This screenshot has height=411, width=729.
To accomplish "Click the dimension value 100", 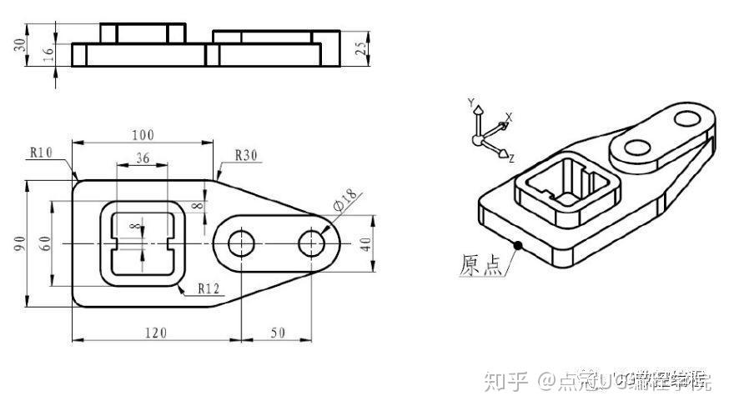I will pos(143,134).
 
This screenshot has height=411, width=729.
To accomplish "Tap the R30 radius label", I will pos(247,155).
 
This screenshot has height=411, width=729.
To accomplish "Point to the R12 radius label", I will pos(209,288).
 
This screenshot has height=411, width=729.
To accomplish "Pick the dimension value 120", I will pos(155,333).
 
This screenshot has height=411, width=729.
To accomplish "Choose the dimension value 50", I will pos(277,333).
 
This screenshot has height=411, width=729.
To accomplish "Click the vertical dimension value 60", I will pos(47,243).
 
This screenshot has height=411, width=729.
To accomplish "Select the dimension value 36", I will pos(142,158).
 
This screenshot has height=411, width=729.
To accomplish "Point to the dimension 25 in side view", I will pos(359,48).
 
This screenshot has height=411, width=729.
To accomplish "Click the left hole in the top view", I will pos(242,243).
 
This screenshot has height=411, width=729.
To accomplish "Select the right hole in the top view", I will pos(312,243).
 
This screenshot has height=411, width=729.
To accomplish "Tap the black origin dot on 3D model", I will pos(518,244).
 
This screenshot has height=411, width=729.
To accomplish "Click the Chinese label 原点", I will pos(481,264).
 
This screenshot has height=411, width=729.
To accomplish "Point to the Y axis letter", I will pos(471,103).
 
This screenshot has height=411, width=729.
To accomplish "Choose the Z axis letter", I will pos(511,158).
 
